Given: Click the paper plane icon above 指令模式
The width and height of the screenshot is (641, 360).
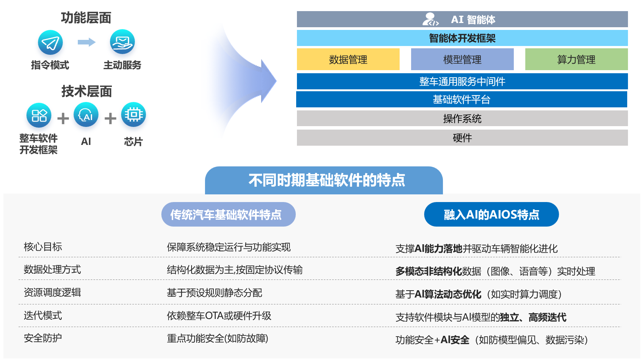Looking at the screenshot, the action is click(50, 43).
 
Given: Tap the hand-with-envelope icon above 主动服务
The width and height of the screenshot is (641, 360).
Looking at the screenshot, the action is click(122, 42).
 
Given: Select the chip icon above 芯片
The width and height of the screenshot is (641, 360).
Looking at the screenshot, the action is click(133, 115).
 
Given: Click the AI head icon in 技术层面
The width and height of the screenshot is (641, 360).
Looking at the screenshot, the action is click(86, 115).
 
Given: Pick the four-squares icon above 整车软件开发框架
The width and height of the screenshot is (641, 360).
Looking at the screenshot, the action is click(39, 115).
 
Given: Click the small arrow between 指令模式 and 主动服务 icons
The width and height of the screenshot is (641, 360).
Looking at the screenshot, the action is click(87, 42).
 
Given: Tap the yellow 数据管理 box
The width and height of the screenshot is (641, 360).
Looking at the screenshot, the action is click(348, 59).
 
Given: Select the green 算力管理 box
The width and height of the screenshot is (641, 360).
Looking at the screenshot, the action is click(576, 59).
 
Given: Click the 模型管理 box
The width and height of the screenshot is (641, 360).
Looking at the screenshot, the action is click(462, 59).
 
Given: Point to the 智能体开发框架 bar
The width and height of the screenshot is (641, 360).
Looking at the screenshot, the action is click(462, 38).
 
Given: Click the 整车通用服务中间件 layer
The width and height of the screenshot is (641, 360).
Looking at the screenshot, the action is click(462, 81).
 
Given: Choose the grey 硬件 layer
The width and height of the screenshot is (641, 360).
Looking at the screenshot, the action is click(462, 138).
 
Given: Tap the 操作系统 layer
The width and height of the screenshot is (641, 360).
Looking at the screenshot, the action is click(462, 118).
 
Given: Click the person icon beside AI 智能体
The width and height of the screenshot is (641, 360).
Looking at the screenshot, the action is click(430, 19).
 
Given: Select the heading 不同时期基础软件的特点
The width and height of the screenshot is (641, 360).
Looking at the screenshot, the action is click(326, 181).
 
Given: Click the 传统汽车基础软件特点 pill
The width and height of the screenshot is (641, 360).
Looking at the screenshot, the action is click(228, 215).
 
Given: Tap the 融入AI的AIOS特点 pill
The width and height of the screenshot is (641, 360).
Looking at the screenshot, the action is click(491, 215).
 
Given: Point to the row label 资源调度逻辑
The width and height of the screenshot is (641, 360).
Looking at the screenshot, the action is click(52, 293).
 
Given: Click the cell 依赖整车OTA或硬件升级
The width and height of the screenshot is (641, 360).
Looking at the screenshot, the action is click(219, 316).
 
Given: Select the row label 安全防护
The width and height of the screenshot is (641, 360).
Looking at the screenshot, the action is click(43, 338).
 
